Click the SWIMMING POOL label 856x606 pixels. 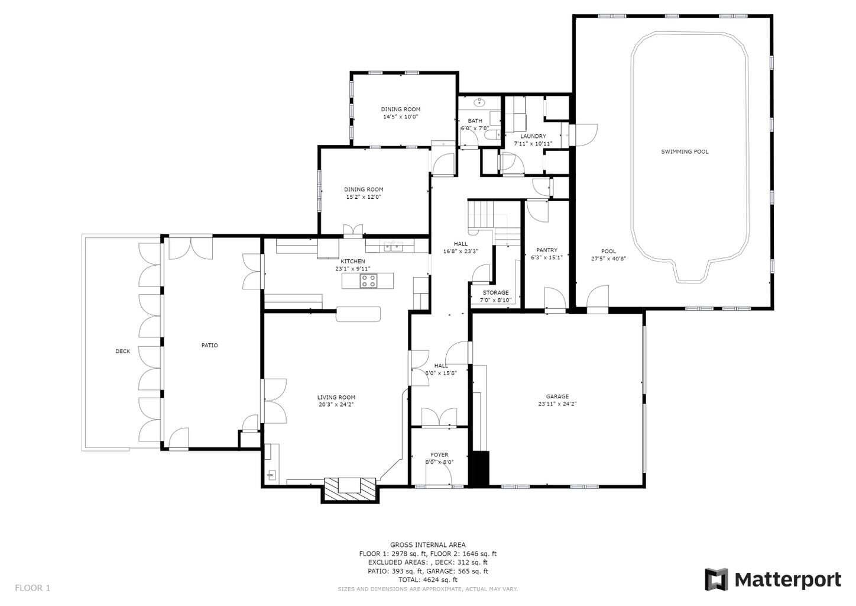684,152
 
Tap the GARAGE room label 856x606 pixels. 557,397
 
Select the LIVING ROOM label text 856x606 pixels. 336,398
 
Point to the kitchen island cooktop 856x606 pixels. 369,281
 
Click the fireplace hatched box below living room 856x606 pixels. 350,489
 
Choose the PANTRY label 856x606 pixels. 546,250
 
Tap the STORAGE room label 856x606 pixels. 495,293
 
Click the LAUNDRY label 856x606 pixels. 533,136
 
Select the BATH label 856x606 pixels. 475,121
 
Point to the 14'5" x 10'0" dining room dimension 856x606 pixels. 400,117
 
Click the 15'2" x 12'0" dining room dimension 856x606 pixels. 364,197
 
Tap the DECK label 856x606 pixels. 122,352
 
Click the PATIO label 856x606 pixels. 209,345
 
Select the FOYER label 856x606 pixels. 439,455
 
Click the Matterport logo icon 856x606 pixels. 716,579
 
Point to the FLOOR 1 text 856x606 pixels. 33,588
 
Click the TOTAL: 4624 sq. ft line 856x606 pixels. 427,580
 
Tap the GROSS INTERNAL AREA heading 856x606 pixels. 427,544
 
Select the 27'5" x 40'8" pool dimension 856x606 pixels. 608,259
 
